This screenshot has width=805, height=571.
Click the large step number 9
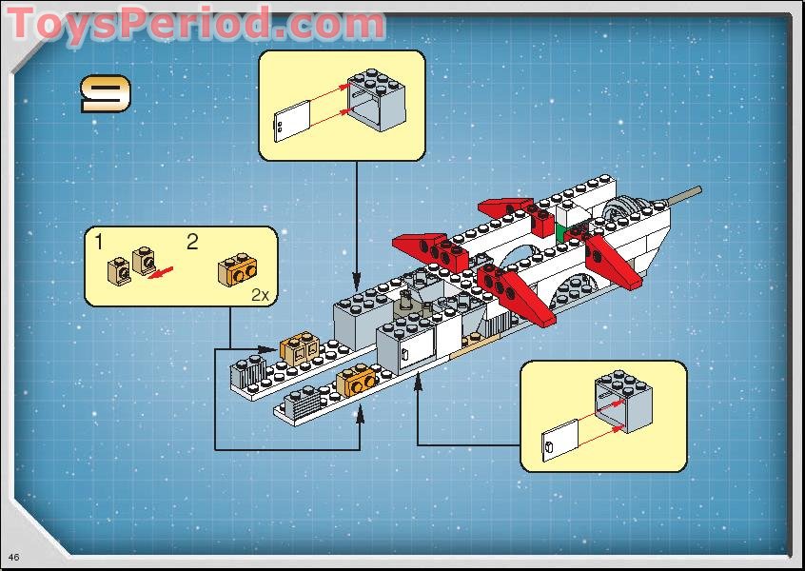click(106, 94)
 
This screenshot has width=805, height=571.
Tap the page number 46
click(13, 556)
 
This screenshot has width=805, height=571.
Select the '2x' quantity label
click(260, 294)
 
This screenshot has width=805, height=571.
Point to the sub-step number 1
click(99, 242)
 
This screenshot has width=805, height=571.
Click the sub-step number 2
click(192, 242)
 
